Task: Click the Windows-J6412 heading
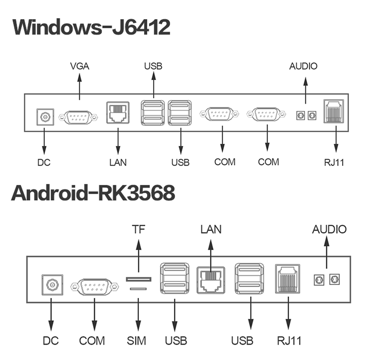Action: pyautogui.click(x=91, y=27)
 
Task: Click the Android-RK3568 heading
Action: pyautogui.click(x=93, y=193)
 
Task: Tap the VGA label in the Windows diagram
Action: pyautogui.click(x=79, y=66)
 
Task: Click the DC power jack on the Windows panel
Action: pyautogui.click(x=45, y=117)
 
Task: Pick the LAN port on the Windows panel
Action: pyautogui.click(x=119, y=112)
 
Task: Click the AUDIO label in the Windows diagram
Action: pyautogui.click(x=304, y=66)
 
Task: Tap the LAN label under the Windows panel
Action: pyautogui.click(x=118, y=162)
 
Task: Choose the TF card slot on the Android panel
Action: pyautogui.click(x=139, y=279)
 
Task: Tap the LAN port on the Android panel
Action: pyautogui.click(x=211, y=279)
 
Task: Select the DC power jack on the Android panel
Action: pyautogui.click(x=52, y=286)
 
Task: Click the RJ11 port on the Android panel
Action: pyautogui.click(x=287, y=278)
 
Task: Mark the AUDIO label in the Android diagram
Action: pyautogui.click(x=329, y=229)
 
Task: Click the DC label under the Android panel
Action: pyautogui.click(x=51, y=341)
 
